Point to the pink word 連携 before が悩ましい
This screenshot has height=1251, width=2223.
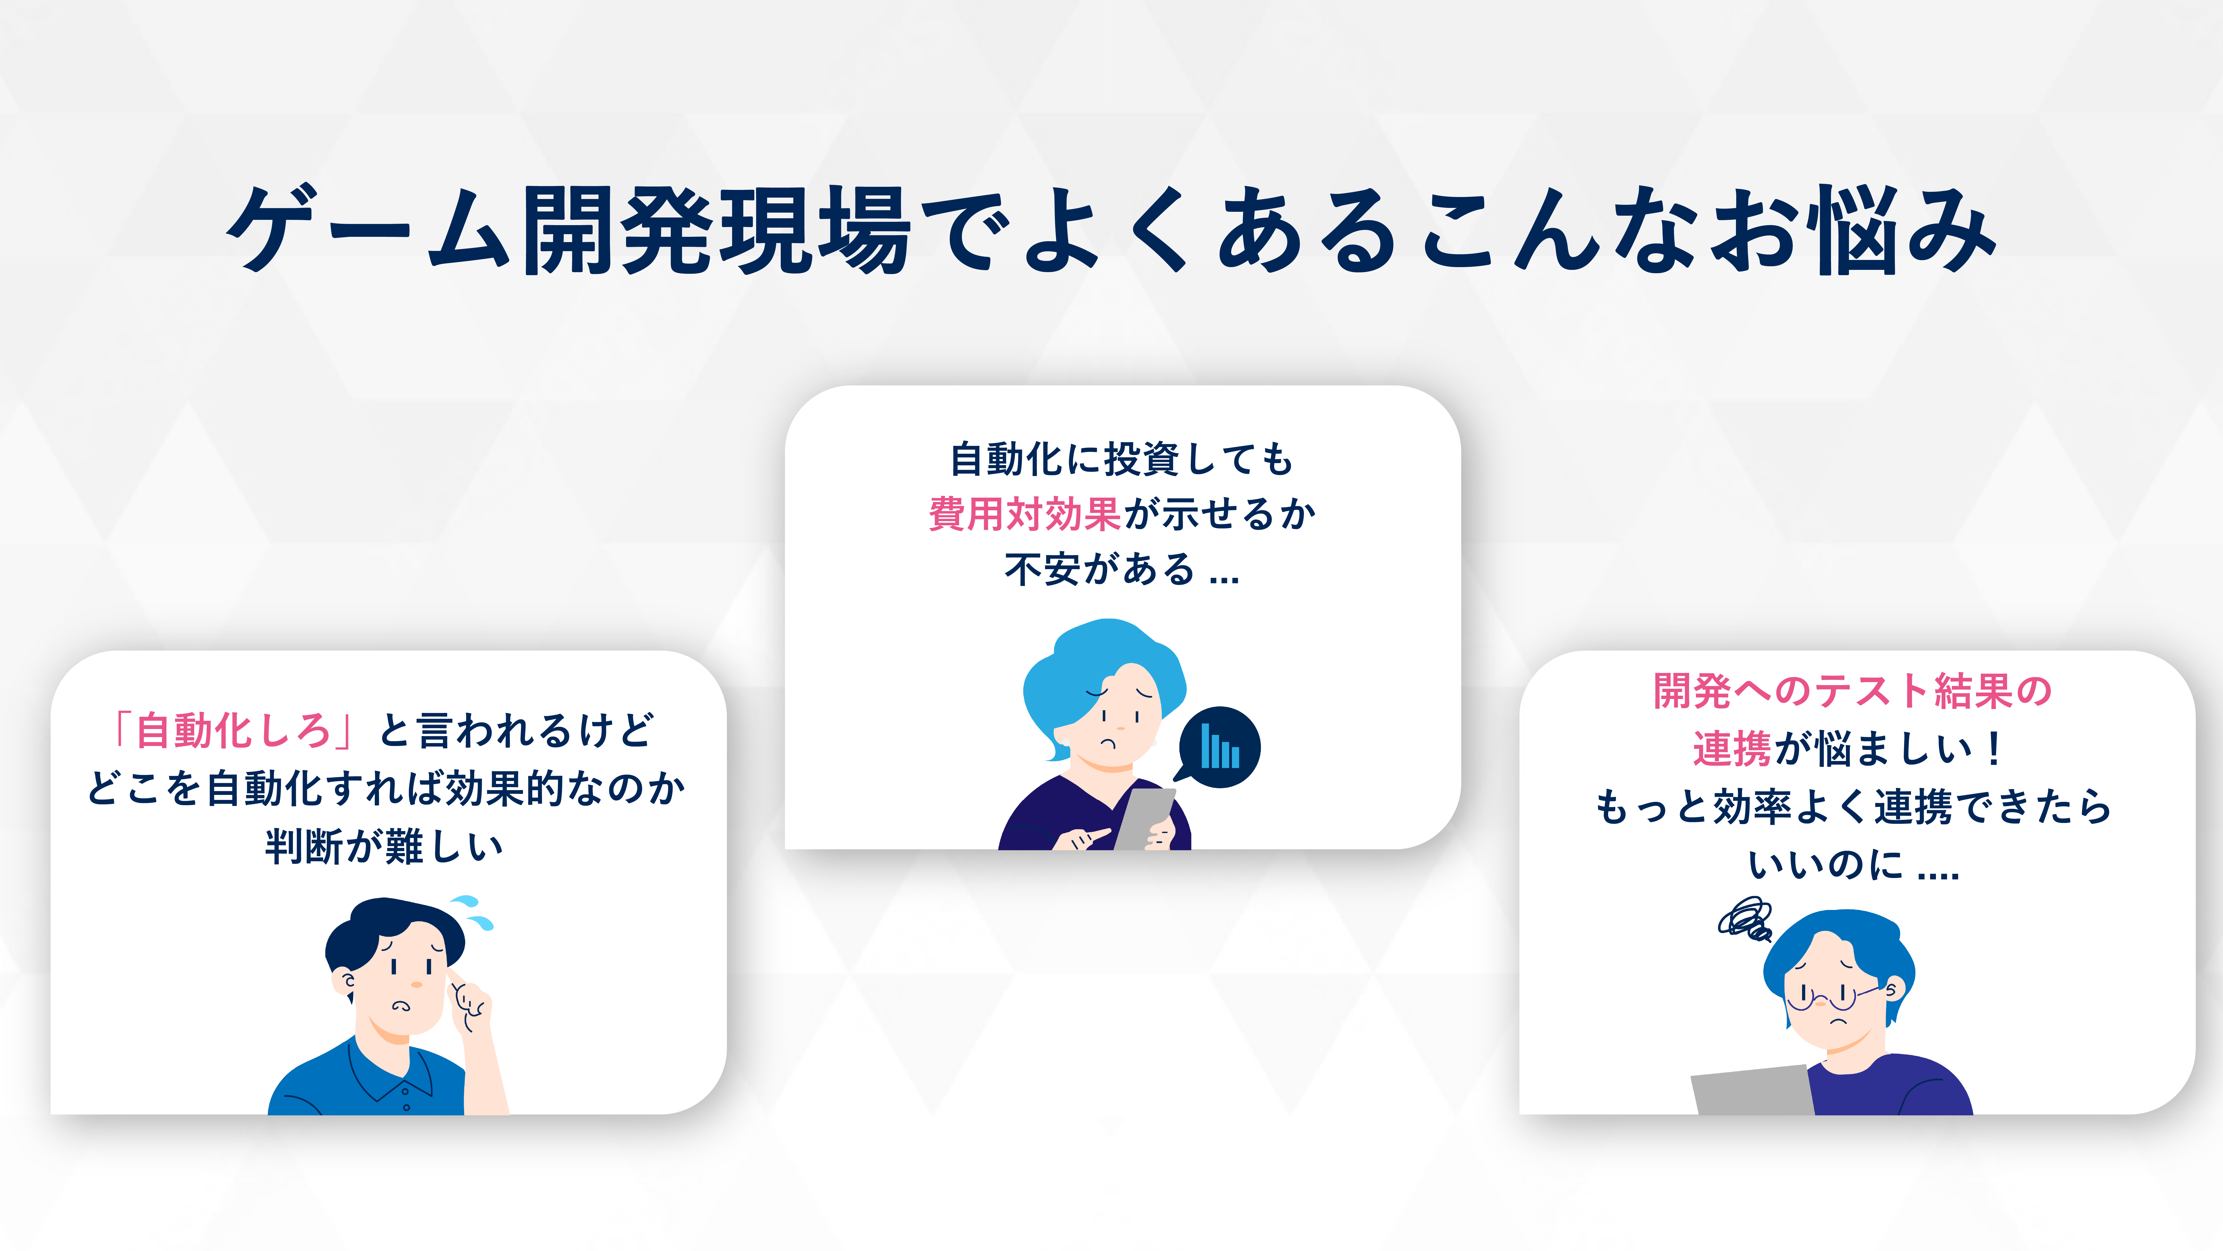[1732, 748]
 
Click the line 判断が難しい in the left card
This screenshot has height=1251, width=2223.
[384, 846]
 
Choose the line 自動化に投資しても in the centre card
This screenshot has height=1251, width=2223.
[1122, 458]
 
